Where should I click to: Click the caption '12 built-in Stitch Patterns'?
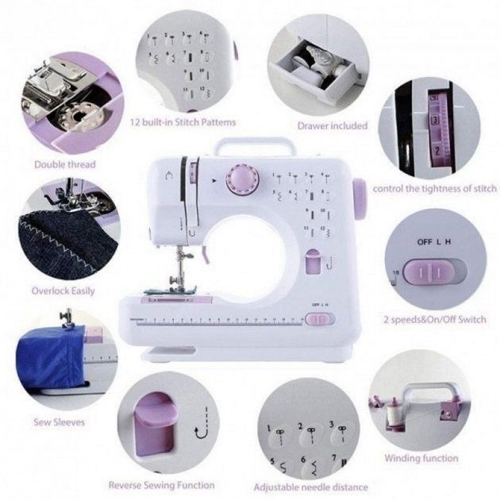click(x=183, y=122)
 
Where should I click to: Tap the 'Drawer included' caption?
click(x=332, y=125)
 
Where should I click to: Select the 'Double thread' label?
click(x=64, y=164)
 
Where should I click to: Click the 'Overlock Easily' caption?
click(x=63, y=290)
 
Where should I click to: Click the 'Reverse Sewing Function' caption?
click(x=161, y=484)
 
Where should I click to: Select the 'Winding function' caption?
click(x=421, y=458)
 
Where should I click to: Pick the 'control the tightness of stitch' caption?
click(x=435, y=188)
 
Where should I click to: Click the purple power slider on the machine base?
click(x=317, y=319)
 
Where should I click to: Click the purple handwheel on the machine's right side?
click(x=359, y=198)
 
